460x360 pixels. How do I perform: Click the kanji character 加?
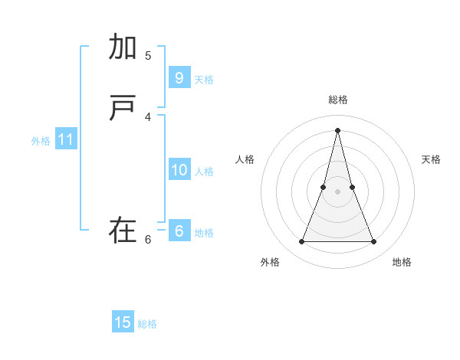[x=123, y=47]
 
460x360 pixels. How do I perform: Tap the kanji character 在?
[x=123, y=231]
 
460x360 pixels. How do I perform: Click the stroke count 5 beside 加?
[x=148, y=55]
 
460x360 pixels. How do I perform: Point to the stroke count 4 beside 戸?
[x=148, y=116]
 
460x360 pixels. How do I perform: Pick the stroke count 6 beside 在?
[x=148, y=239]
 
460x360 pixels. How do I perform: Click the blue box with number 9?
[x=179, y=78]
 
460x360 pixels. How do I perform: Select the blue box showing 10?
[x=179, y=170]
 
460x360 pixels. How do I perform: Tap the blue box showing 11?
[x=66, y=139]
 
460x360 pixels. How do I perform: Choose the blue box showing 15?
[x=123, y=322]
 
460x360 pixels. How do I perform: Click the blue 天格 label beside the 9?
[x=204, y=80]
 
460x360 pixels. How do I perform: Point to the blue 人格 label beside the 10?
[x=204, y=172]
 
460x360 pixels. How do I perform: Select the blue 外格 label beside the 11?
[x=41, y=141]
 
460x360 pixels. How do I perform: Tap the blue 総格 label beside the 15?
[x=147, y=324]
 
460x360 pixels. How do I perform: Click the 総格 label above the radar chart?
[x=337, y=100]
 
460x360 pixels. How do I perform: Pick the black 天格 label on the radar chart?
[x=431, y=159]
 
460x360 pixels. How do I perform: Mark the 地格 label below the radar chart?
[x=402, y=262]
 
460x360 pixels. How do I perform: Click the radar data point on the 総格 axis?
[x=337, y=130]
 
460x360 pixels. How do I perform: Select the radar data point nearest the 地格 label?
[x=374, y=242]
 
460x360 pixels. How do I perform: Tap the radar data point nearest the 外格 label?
[x=301, y=242]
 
